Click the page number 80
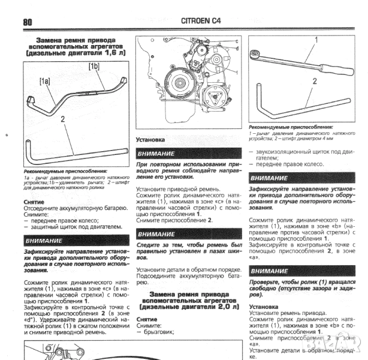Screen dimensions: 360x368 [x=28, y=22]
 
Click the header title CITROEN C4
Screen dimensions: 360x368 [x=201, y=22]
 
